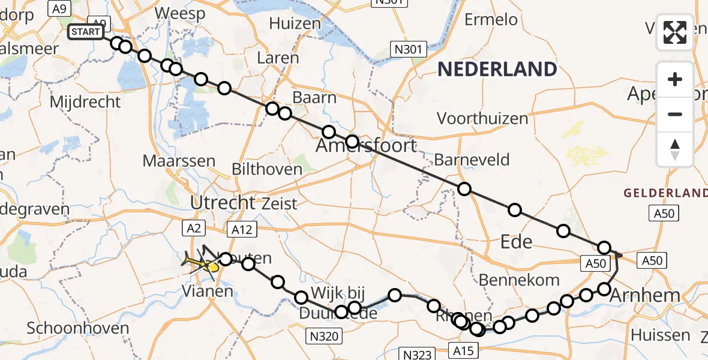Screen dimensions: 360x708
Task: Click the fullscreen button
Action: tap(675, 32)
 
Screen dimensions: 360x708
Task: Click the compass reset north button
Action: tap(675, 150)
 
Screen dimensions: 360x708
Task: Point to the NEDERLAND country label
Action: tap(497, 70)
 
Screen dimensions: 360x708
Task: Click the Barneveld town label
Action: tap(472, 160)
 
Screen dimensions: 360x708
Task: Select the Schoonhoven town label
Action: tap(78, 328)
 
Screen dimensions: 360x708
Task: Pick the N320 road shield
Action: tap(323, 336)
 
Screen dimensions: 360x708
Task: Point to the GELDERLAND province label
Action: tap(665, 193)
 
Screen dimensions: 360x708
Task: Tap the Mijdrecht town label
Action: tap(85, 101)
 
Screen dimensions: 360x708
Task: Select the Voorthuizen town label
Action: tap(482, 118)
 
